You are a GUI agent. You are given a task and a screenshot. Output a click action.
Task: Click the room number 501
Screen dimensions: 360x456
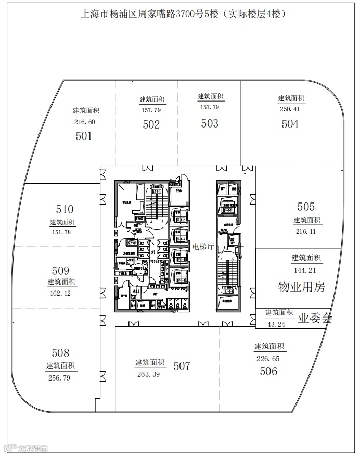(x=84, y=136)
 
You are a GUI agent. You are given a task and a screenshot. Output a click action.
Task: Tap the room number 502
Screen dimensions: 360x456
(x=151, y=124)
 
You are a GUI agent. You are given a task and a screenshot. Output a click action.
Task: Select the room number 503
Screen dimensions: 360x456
(x=210, y=123)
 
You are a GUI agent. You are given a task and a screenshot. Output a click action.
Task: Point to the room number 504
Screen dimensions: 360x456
(x=290, y=124)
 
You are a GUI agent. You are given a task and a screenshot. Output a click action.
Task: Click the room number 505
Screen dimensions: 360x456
(x=306, y=207)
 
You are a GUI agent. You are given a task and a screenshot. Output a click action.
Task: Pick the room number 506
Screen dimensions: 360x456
(x=268, y=371)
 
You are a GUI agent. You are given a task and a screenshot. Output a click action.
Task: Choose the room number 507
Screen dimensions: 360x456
(x=182, y=366)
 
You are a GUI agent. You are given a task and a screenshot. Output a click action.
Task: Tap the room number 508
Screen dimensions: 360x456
(x=60, y=353)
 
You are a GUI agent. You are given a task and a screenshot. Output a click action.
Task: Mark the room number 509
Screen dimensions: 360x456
(x=60, y=271)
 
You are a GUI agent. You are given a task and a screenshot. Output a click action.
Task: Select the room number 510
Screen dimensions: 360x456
(x=65, y=209)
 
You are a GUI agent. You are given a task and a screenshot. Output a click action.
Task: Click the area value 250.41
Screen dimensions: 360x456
(x=290, y=109)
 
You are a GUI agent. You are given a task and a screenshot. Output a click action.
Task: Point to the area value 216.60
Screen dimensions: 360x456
(x=85, y=122)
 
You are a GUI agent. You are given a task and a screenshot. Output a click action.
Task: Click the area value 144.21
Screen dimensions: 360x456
(x=305, y=270)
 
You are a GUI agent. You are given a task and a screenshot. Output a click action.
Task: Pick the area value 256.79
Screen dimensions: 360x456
(x=60, y=378)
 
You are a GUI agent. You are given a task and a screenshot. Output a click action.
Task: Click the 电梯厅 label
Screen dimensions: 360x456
(x=203, y=246)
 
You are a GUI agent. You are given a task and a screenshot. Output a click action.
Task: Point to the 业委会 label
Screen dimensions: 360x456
(x=315, y=319)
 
